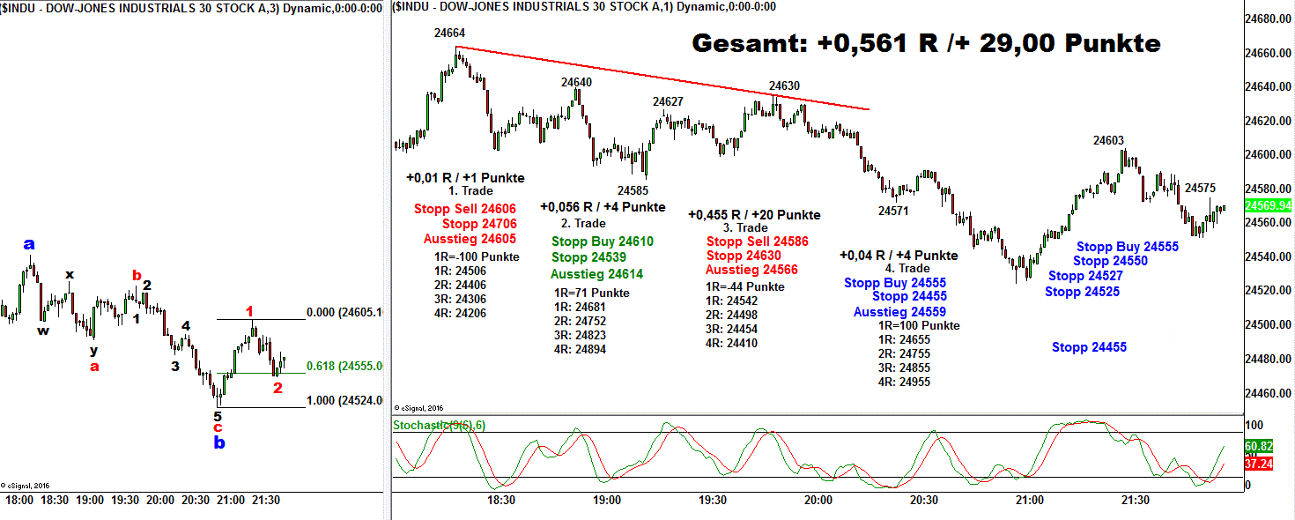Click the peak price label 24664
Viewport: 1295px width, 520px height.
(449, 33)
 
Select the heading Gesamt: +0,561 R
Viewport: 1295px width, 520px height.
(926, 43)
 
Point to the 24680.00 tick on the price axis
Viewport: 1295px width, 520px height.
(1269, 19)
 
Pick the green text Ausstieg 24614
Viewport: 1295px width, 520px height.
(596, 274)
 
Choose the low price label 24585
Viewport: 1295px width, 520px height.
(633, 190)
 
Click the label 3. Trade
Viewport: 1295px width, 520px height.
(745, 228)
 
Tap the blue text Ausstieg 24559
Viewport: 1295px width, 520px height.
(899, 312)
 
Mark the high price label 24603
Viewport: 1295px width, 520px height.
(1108, 140)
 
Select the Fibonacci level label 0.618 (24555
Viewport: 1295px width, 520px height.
(344, 366)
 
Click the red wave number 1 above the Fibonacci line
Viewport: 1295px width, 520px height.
(249, 311)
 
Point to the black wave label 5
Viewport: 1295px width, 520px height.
(218, 416)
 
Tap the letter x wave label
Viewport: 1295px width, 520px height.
(69, 274)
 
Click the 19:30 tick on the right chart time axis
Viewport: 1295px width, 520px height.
(712, 500)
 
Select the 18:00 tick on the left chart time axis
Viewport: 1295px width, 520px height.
(19, 500)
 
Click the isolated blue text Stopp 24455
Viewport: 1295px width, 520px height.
(1089, 347)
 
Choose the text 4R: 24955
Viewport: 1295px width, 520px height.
(904, 382)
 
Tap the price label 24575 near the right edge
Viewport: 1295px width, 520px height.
(1200, 188)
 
